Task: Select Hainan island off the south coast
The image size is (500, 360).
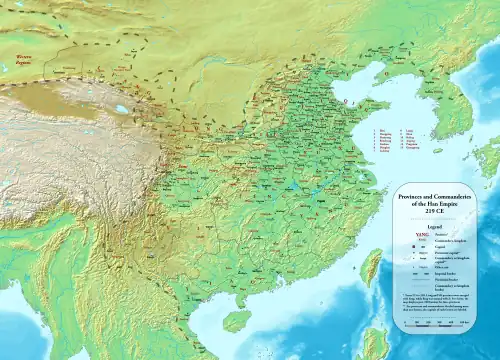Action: click(236, 321)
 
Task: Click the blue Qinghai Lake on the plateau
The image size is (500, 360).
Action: click(122, 109)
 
